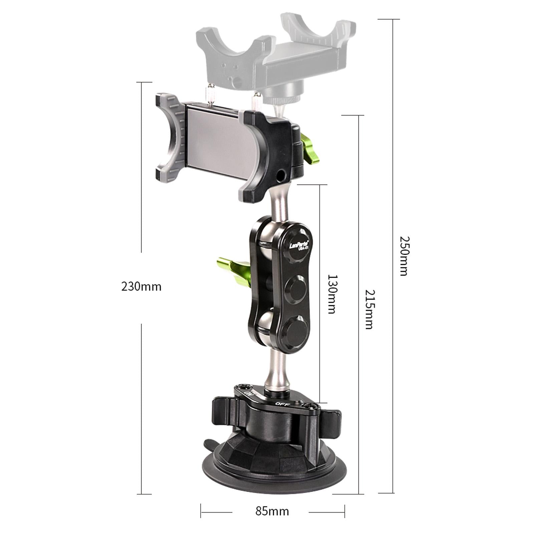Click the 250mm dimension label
click(404, 256)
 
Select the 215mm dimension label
click(369, 309)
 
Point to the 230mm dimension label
click(141, 287)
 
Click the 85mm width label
click(272, 511)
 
